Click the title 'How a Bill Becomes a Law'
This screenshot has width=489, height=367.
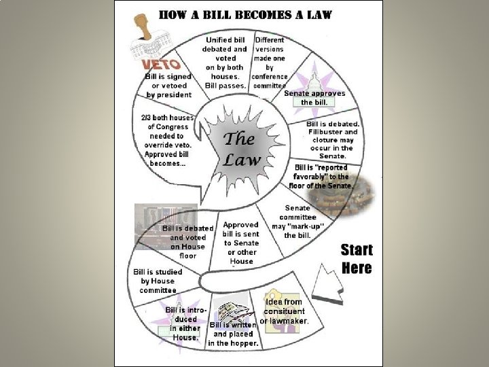pos(244,15)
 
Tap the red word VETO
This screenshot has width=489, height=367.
pos(161,65)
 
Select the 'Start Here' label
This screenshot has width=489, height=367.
pos(356,258)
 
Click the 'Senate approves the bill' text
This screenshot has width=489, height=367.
pos(314,97)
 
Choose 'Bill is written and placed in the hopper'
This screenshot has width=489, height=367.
pos(235,334)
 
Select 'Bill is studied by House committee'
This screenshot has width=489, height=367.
pos(158,281)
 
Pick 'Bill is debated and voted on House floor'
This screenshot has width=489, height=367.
pos(187,242)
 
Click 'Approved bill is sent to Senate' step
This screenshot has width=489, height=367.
pos(241,243)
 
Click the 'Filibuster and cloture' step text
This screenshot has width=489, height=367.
pos(333,139)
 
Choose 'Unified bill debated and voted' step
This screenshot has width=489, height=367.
pos(225,63)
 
